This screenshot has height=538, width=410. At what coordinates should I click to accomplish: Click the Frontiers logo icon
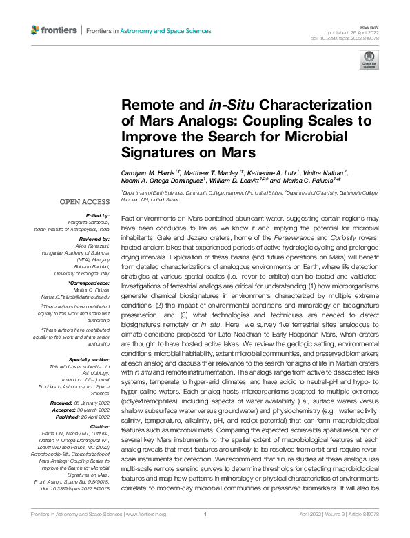click(x=35, y=30)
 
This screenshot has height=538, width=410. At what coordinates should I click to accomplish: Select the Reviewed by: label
click(x=93, y=238)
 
